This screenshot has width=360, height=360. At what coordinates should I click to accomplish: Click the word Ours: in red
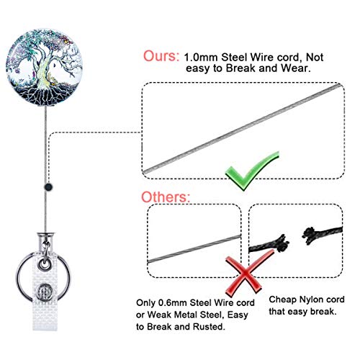161,56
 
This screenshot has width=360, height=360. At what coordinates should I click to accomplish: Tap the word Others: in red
166,197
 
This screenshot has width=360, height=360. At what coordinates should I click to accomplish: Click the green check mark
251,171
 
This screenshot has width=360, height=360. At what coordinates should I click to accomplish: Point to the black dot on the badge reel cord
49,186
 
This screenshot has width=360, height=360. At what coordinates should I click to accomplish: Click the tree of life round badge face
45,67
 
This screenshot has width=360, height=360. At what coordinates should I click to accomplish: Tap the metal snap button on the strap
45,292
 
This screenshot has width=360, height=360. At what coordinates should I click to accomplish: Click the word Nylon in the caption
310,300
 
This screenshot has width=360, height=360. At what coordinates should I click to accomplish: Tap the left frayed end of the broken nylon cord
282,243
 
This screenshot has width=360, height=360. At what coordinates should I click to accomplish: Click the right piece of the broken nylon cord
322,233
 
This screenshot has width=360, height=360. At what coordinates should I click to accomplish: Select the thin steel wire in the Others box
194,249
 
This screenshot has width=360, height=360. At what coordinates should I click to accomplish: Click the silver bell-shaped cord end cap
45,239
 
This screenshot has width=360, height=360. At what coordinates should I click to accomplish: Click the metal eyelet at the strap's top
45,264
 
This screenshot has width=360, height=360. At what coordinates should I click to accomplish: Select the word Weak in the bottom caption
158,315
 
